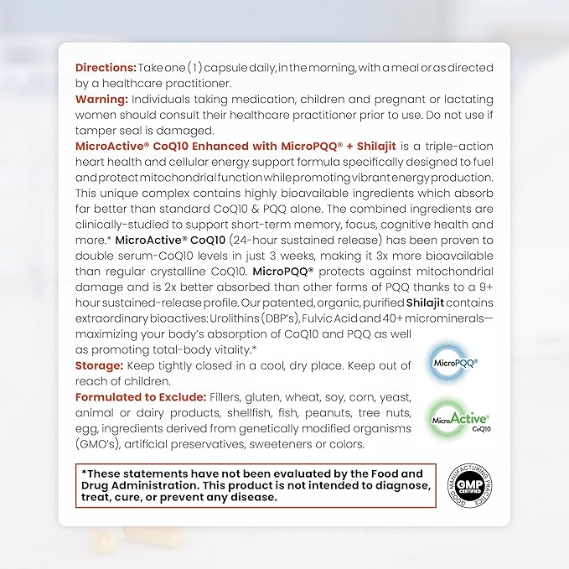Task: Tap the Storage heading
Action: [x=100, y=365]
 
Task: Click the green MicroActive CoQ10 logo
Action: [x=459, y=414]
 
